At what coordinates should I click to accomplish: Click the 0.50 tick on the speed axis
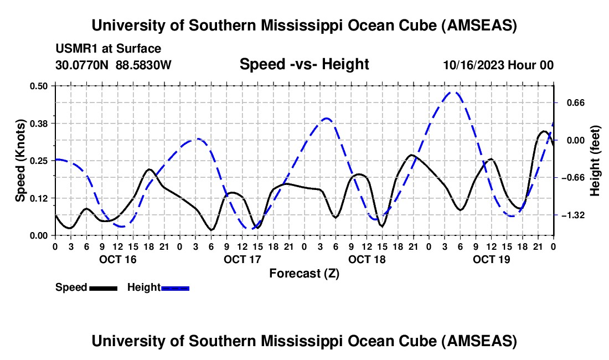click(x=40, y=85)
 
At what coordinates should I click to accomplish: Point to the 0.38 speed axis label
click(x=40, y=123)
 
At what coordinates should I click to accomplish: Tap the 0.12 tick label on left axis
click(x=40, y=198)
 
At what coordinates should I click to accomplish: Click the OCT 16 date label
click(x=117, y=259)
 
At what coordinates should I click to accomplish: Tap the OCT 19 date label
click(x=492, y=259)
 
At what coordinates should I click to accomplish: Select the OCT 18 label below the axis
click(x=367, y=259)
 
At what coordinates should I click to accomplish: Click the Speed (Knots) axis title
click(x=20, y=160)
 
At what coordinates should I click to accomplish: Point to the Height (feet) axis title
click(x=595, y=160)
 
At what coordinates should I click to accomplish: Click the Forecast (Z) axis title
click(x=304, y=273)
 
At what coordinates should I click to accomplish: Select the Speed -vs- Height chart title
click(x=304, y=64)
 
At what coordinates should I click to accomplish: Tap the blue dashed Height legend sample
click(x=175, y=287)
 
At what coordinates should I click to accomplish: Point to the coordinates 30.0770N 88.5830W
click(x=113, y=65)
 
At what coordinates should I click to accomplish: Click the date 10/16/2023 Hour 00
click(x=498, y=65)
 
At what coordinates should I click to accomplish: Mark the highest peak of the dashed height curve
click(x=454, y=92)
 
